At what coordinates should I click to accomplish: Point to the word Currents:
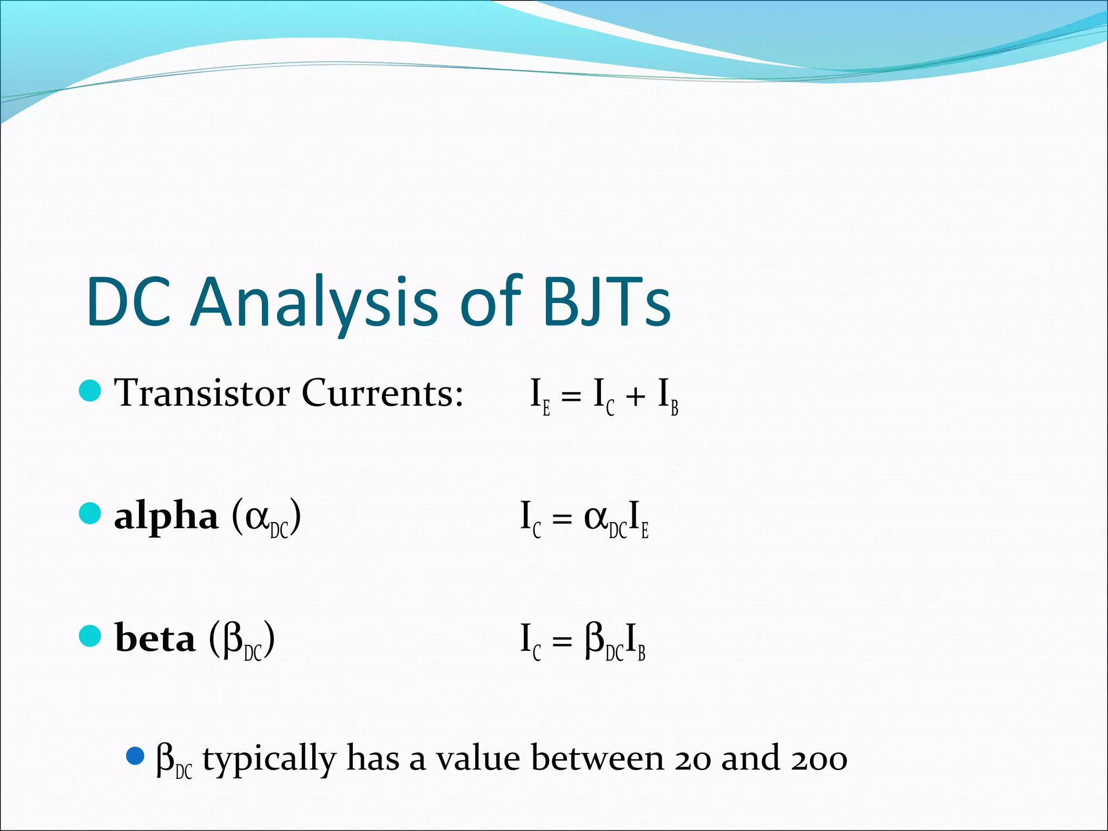382,393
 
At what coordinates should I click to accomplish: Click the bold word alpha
166,517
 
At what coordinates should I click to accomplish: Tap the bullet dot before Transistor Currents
90,391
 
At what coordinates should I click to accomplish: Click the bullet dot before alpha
90,513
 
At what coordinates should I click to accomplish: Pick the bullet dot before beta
90,636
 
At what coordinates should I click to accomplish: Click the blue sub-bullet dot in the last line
135,756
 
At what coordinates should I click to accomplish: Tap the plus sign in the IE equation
635,397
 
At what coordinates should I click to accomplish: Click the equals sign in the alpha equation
562,520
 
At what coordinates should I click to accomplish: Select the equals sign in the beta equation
562,642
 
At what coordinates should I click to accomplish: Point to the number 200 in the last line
819,759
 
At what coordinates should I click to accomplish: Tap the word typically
269,760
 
